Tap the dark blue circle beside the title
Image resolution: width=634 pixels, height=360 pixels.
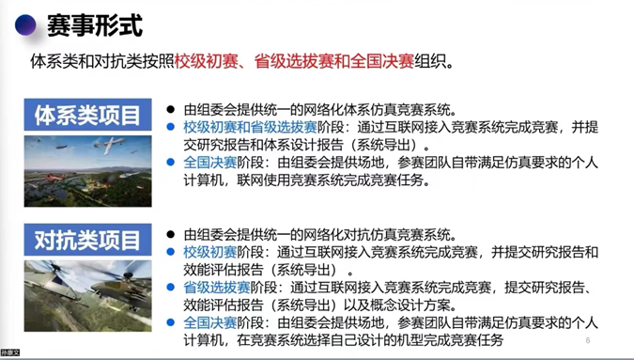point(26,25)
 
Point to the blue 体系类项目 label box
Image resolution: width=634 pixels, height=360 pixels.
point(87,116)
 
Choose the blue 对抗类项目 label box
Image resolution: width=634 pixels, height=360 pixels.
point(87,241)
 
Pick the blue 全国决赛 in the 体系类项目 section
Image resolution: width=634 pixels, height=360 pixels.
point(210,163)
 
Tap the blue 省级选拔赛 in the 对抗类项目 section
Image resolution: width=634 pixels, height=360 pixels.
point(217,288)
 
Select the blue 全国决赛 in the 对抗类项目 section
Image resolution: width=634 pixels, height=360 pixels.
point(210,322)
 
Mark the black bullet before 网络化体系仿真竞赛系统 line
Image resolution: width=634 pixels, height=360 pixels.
point(171,110)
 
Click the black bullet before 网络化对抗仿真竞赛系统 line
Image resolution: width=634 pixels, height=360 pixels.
point(171,235)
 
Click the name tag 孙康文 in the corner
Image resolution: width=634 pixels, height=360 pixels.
point(9,353)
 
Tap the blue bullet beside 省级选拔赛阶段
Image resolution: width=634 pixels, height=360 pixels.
point(171,288)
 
